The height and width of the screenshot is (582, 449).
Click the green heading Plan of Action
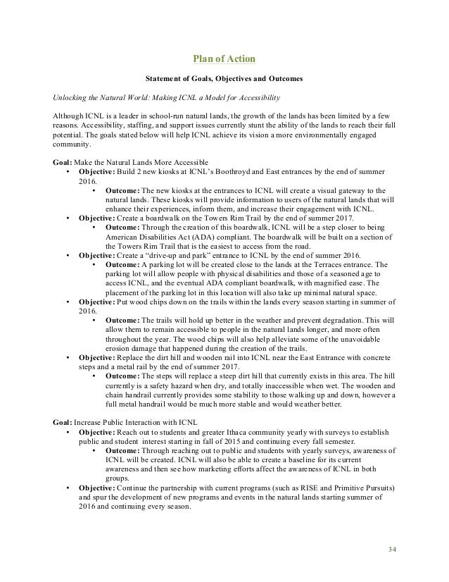224,57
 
